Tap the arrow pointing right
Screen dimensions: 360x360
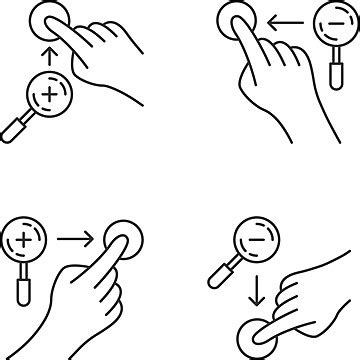[76, 239]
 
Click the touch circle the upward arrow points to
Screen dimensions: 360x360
[46, 17]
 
